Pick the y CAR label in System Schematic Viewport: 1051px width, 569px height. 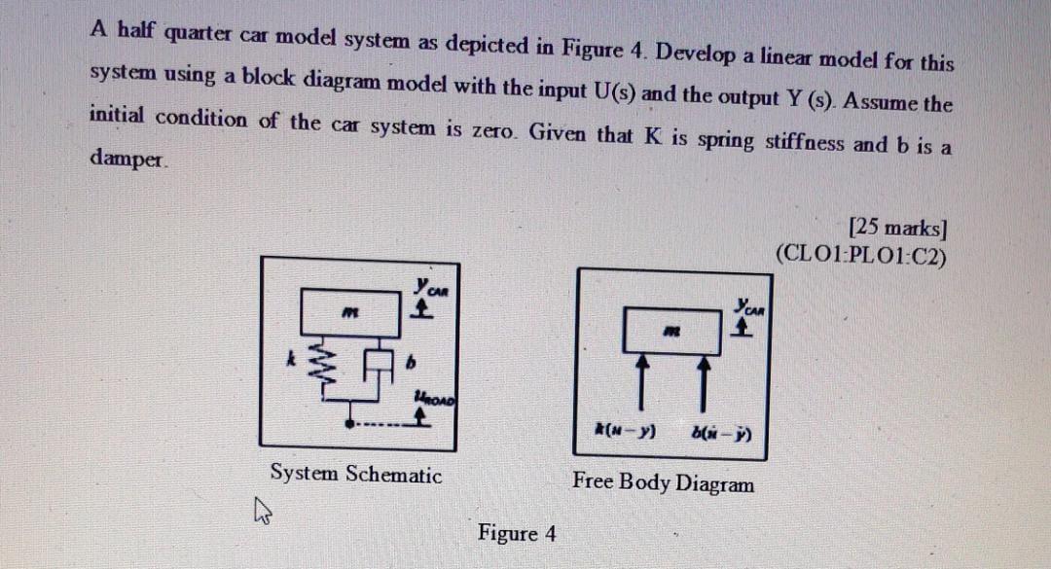(x=426, y=288)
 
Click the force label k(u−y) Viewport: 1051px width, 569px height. (x=625, y=428)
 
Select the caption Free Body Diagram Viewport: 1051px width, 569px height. (x=662, y=481)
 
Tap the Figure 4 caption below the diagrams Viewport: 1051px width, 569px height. (x=517, y=533)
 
